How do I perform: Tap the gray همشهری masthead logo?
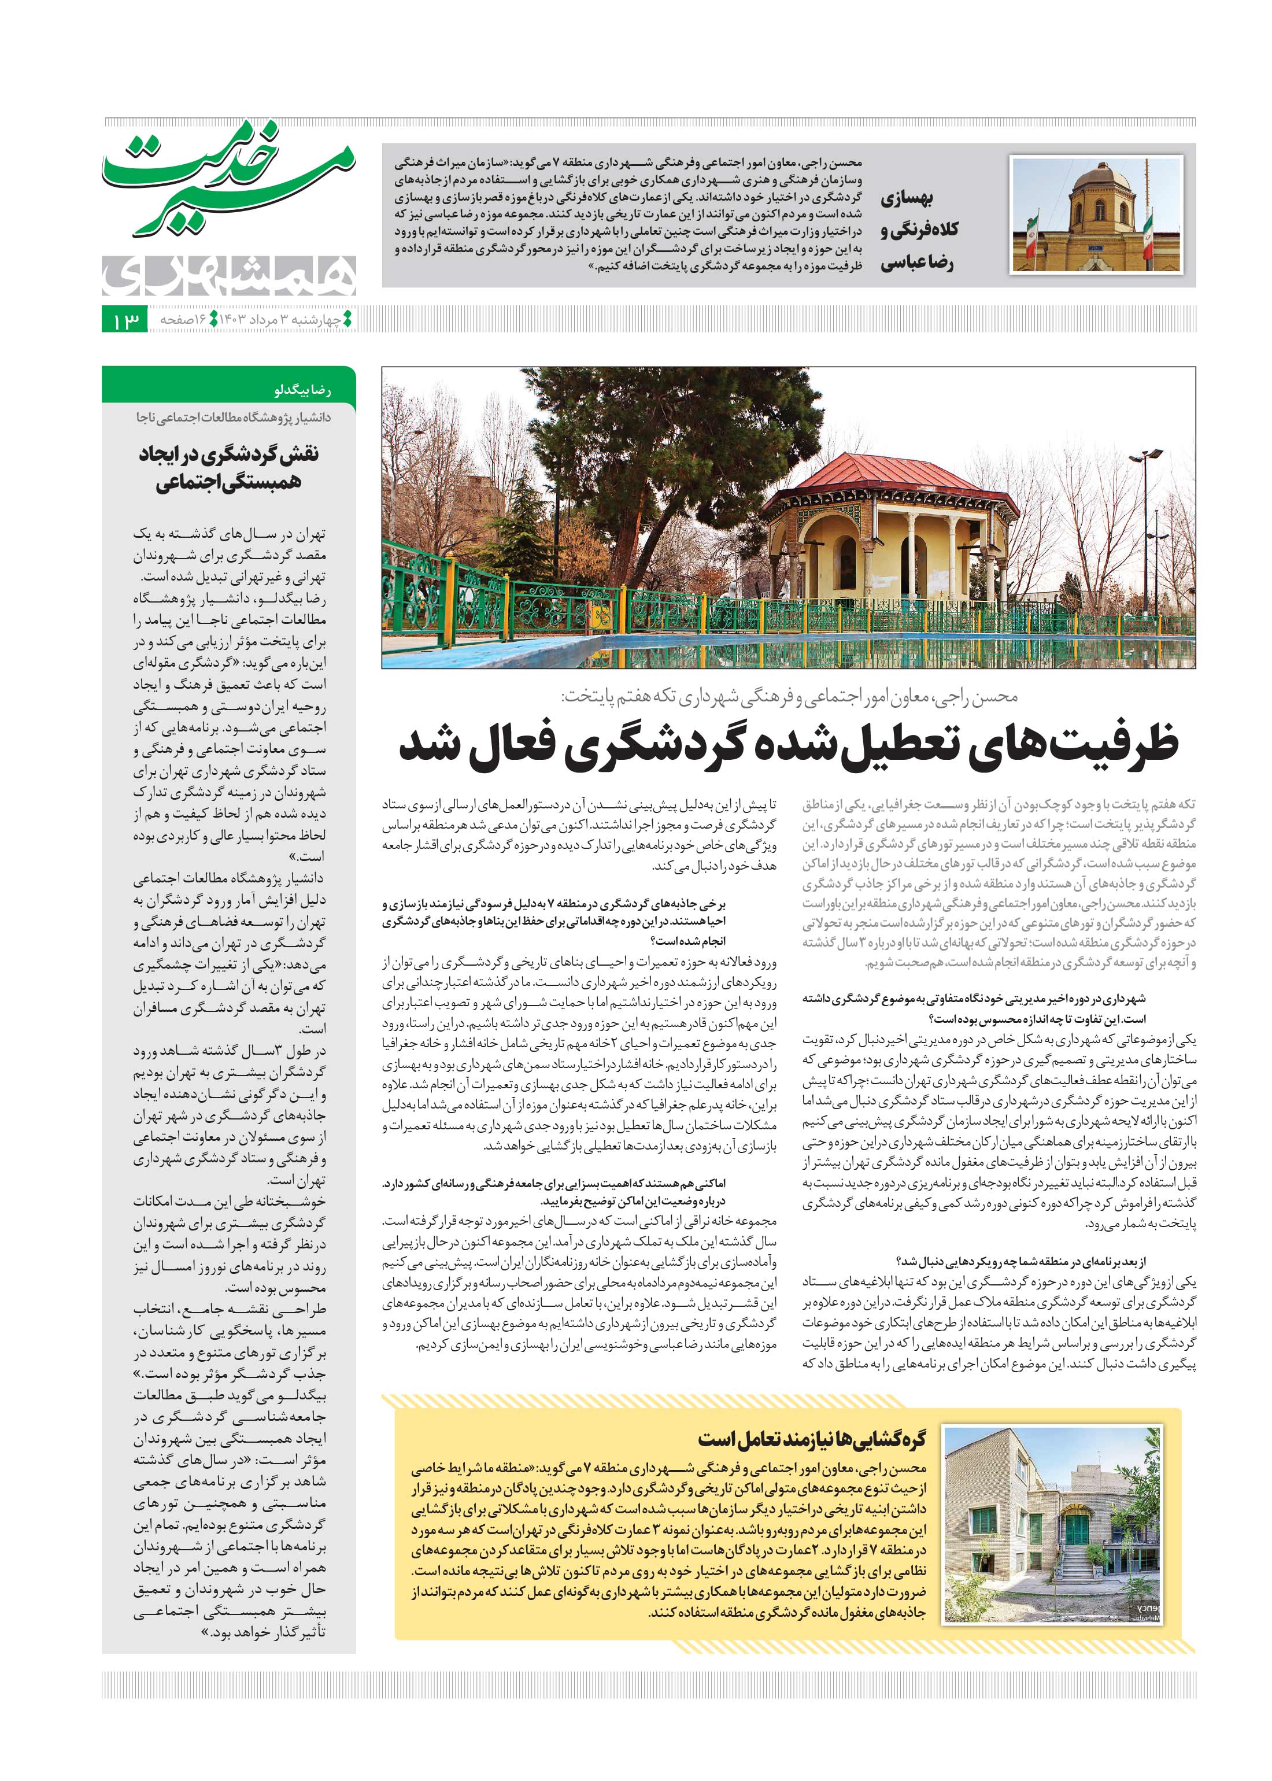point(229,274)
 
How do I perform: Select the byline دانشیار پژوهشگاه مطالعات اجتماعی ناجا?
point(234,417)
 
